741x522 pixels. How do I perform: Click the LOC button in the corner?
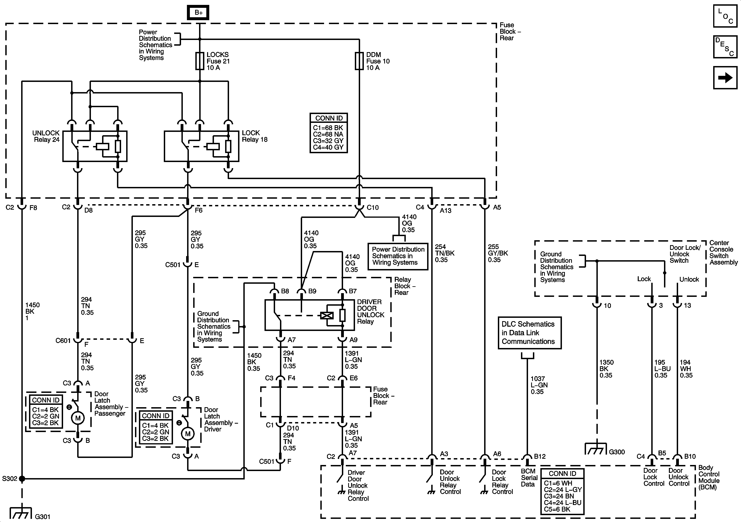pyautogui.click(x=725, y=16)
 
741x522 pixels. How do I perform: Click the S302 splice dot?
pyautogui.click(x=22, y=479)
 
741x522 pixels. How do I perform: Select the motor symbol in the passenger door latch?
pyautogui.click(x=78, y=418)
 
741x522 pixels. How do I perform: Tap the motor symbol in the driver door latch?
pyautogui.click(x=188, y=434)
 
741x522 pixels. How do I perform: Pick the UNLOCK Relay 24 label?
pyautogui.click(x=46, y=136)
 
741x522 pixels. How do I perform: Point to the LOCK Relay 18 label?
pyautogui.click(x=254, y=136)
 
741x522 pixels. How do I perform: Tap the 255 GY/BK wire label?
pyautogui.click(x=497, y=253)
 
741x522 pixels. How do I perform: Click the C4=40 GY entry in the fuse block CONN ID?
pyautogui.click(x=328, y=147)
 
